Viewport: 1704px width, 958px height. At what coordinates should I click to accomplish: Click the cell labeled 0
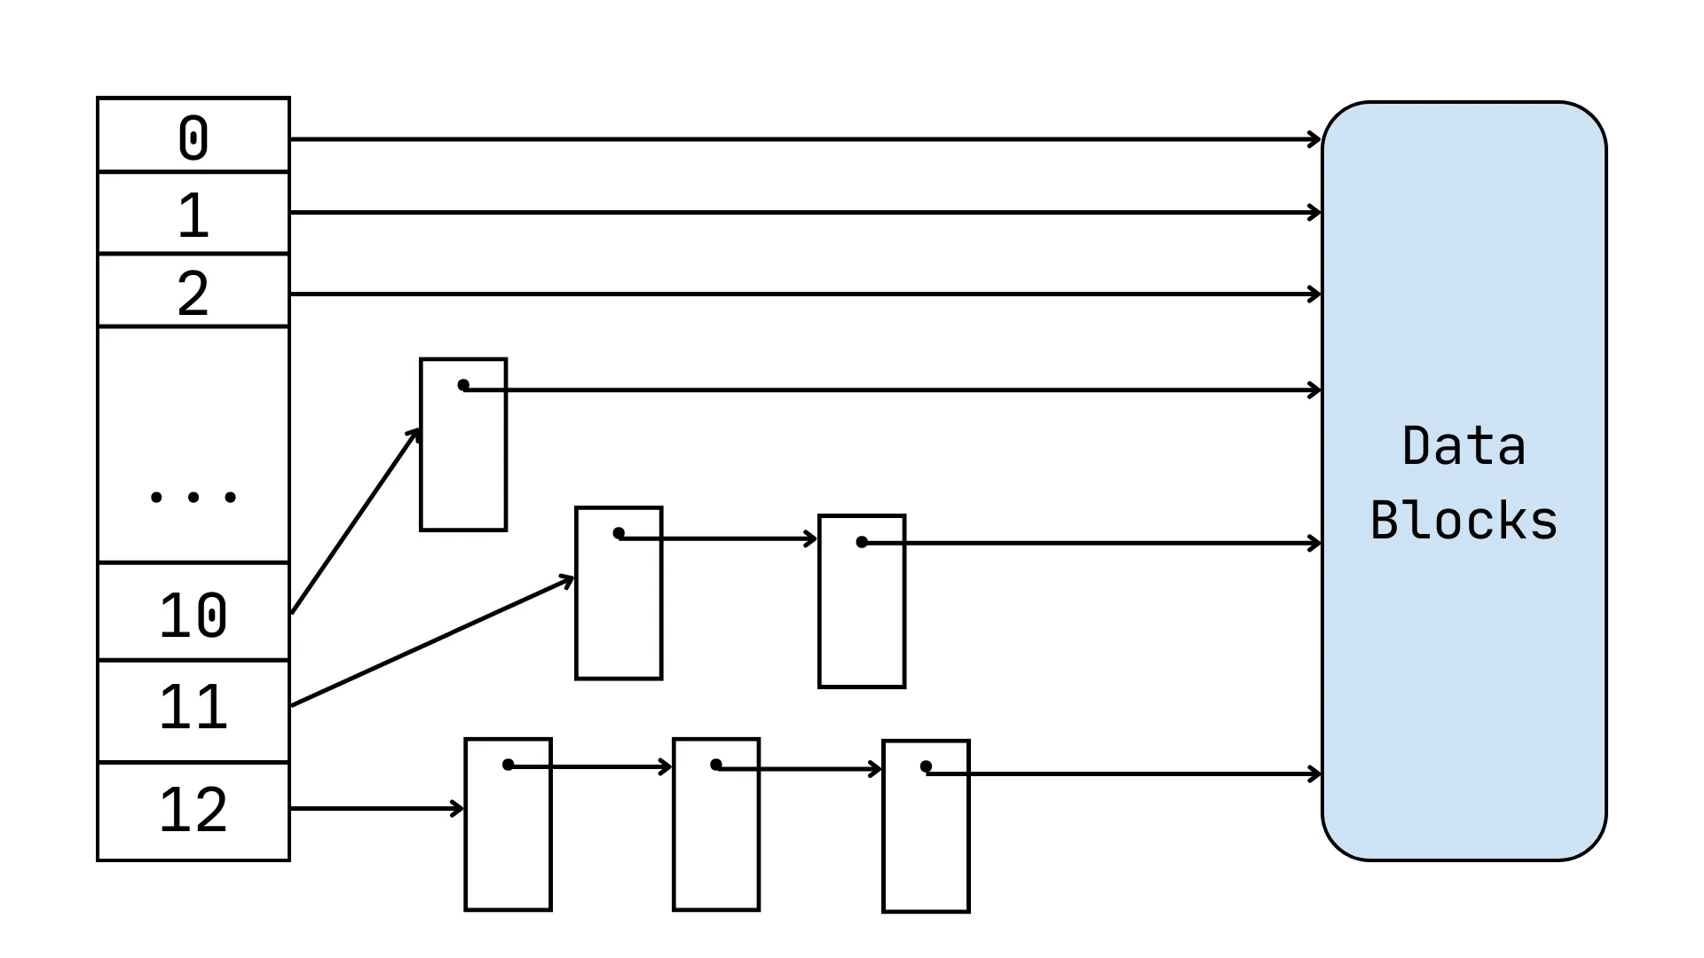click(193, 136)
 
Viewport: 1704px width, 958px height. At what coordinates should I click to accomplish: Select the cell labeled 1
click(193, 214)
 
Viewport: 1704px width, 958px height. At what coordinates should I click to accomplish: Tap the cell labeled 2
click(193, 292)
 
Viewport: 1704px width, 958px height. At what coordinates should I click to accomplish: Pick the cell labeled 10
click(193, 613)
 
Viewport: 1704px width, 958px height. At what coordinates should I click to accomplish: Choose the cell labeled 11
click(193, 711)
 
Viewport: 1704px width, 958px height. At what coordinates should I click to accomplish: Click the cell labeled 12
click(193, 811)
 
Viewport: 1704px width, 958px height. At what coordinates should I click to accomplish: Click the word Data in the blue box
click(1463, 445)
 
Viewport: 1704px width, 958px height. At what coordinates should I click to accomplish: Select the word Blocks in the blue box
click(1463, 521)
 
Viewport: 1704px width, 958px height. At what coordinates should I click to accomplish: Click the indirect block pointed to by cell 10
click(463, 461)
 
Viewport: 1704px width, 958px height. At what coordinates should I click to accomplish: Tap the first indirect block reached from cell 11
click(619, 612)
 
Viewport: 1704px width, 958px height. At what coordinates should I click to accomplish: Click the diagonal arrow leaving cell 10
click(355, 521)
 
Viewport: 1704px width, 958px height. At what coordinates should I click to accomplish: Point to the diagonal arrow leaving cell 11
click(432, 642)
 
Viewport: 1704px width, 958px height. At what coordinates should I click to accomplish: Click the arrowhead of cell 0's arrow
click(1315, 139)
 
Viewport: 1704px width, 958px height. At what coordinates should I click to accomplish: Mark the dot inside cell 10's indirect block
click(463, 385)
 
